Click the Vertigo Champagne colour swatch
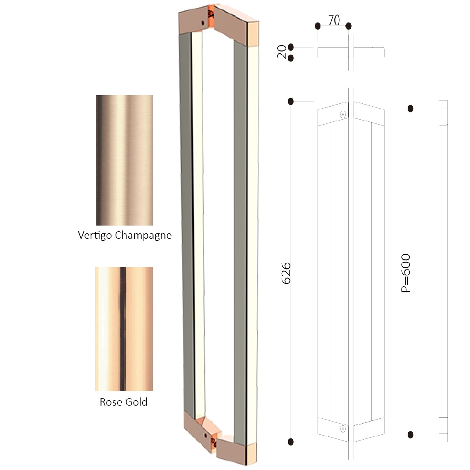125,160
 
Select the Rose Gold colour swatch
124,329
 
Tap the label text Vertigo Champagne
125,235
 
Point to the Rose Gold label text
123,402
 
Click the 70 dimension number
334,20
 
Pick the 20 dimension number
282,52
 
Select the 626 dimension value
286,273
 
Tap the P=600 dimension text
406,273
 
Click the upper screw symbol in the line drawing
343,114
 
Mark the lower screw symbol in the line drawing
343,429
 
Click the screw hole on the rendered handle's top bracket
203,23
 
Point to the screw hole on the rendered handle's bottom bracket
205,435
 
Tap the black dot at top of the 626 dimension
291,102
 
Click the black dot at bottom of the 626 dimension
291,442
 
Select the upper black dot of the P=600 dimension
411,108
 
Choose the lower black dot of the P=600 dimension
411,435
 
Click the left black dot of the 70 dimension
318,26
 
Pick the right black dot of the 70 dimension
348,26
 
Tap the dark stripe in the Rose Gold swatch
123,329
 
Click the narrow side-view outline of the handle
443,271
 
